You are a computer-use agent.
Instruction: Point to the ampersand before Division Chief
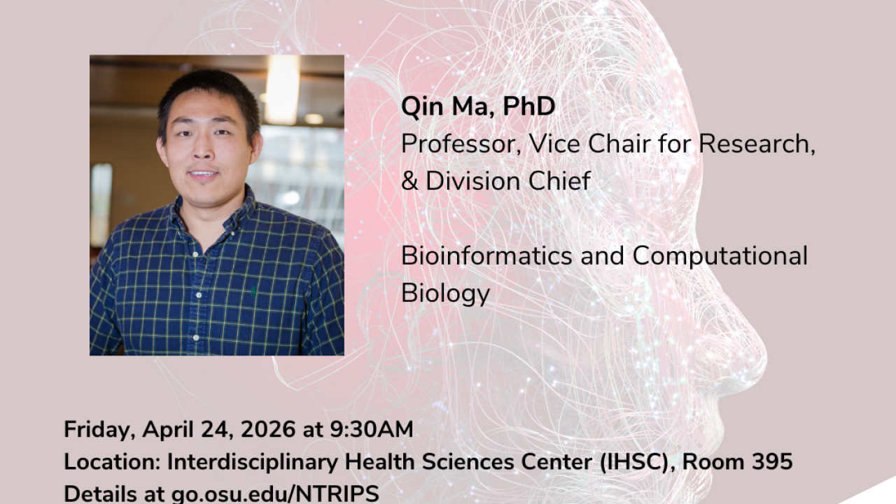click(x=409, y=181)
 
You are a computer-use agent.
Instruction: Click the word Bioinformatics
click(x=486, y=255)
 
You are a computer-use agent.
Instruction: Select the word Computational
click(x=720, y=257)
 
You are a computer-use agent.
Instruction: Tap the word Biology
click(x=446, y=294)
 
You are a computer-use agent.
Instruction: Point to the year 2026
click(x=268, y=429)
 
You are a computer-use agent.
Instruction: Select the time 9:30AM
click(x=372, y=429)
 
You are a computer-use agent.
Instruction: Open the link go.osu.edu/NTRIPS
click(x=275, y=493)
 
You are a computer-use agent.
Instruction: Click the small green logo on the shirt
click(x=253, y=291)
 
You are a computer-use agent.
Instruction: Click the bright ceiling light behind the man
click(x=282, y=90)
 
